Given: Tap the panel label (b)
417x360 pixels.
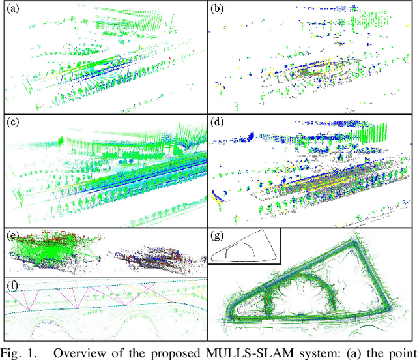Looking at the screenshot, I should coord(218,8).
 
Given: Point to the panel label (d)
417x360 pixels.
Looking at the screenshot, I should coord(218,121).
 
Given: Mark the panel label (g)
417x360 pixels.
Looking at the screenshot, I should coord(218,234).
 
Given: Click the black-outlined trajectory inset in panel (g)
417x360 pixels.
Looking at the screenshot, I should coord(244,245).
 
